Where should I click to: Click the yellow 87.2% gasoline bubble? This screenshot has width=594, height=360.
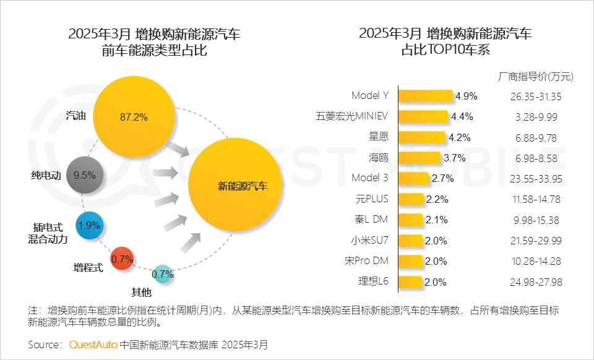click(135, 116)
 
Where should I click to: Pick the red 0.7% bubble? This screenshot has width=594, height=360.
click(123, 259)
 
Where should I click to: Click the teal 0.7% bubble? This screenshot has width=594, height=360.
click(162, 273)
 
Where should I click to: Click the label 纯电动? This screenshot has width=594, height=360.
click(46, 175)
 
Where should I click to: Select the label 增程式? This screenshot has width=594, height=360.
click(88, 267)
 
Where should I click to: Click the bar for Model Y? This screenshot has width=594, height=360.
click(426, 96)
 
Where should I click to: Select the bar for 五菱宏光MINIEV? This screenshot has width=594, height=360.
click(423, 116)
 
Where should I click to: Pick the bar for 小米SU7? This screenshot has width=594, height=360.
click(410, 241)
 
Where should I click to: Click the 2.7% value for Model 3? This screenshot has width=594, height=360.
click(443, 179)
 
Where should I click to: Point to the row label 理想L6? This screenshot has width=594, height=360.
click(373, 282)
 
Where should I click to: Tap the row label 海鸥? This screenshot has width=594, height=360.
click(378, 158)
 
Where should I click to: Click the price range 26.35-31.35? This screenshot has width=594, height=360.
click(536, 96)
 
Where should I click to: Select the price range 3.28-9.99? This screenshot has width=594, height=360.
click(536, 116)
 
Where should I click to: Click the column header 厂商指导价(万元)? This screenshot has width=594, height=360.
click(536, 77)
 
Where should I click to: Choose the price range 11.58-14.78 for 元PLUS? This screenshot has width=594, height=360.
click(536, 199)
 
